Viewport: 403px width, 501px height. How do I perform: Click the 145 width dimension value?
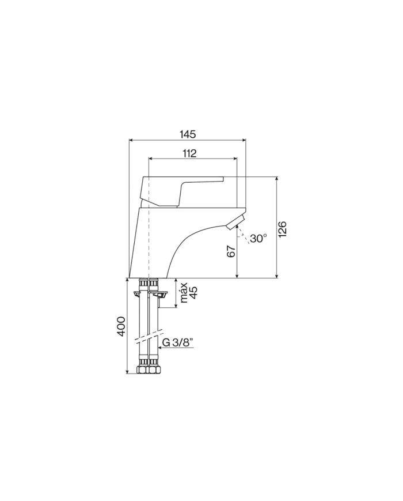(188, 134)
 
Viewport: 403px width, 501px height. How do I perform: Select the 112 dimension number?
(189, 153)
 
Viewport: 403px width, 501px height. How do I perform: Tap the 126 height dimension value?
(283, 229)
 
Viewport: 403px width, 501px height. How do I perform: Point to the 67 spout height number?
(231, 251)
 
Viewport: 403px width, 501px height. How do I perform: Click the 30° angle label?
(258, 238)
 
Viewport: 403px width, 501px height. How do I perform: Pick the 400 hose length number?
(121, 326)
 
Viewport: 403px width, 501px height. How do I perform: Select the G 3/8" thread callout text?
(178, 342)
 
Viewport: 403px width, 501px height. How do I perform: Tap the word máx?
(184, 293)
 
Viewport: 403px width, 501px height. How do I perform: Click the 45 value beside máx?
(193, 292)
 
